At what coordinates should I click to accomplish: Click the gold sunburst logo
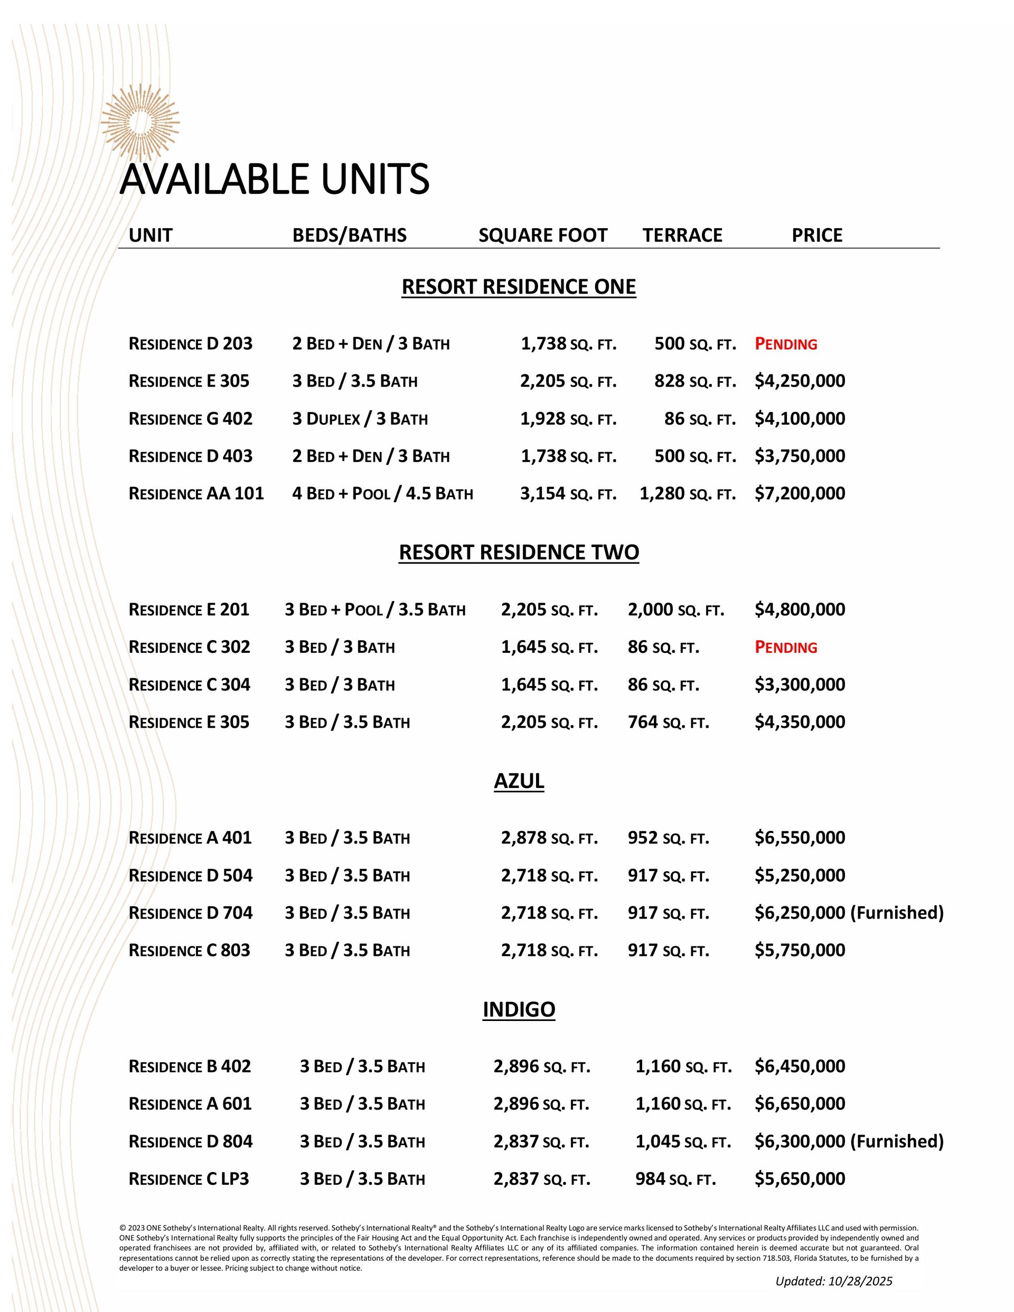(140, 123)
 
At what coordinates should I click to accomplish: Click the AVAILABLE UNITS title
(274, 179)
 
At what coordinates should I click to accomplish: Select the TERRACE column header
(682, 235)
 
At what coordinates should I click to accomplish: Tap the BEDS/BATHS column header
(349, 235)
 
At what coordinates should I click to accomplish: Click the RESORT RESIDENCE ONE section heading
(519, 287)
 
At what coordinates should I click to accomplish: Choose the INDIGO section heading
(519, 1009)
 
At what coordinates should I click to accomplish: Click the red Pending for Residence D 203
(786, 344)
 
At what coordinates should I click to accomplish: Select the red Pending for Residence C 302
(786, 648)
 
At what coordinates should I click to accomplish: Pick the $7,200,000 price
(800, 493)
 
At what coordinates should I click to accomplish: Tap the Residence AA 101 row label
(196, 493)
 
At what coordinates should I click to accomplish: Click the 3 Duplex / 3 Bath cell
(360, 419)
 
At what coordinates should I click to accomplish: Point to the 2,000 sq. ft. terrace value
(676, 610)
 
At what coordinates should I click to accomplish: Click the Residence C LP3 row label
(189, 1179)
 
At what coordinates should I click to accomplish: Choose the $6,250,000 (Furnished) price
(849, 913)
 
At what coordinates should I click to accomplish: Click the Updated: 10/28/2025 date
(833, 1281)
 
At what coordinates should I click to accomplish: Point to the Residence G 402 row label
(191, 419)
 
